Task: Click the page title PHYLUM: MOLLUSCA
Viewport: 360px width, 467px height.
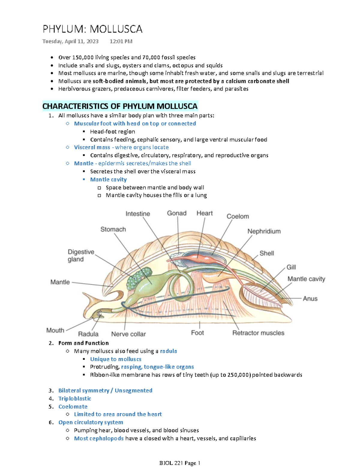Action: coord(92,29)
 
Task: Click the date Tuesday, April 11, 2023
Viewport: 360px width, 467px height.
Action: coord(70,41)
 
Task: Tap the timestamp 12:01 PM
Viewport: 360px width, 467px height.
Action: coord(121,41)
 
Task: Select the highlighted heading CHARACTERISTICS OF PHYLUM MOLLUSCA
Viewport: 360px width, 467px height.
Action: coord(120,106)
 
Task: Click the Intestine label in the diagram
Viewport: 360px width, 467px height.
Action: coord(138,214)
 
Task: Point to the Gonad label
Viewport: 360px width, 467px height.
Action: coord(177,213)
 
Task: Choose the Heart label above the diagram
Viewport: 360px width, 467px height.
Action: coord(205,213)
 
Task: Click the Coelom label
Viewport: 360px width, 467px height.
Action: coord(238,216)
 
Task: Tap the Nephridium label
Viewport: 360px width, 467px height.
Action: coord(264,231)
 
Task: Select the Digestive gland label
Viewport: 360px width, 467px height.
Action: coord(81,255)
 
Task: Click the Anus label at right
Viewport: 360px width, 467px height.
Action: coord(310,299)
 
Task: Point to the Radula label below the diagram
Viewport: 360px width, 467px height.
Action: coord(88,334)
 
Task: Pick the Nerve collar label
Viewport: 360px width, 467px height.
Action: coord(128,334)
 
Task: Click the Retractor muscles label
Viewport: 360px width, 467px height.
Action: coord(258,333)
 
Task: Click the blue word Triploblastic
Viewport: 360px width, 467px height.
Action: coord(75,399)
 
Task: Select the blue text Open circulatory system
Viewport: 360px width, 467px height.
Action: coord(91,422)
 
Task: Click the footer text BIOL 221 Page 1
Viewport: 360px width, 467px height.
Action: coord(180,463)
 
